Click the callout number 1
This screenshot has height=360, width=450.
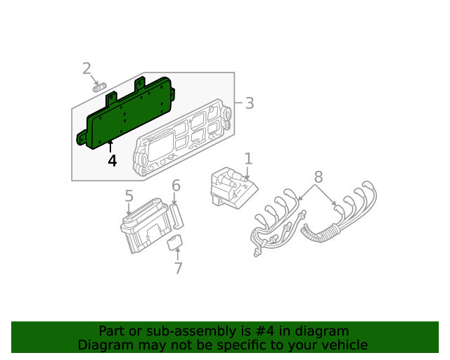click(x=248, y=158)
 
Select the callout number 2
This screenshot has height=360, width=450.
click(x=86, y=68)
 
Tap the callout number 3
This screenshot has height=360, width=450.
click(x=249, y=103)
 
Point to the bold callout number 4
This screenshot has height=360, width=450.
click(x=112, y=161)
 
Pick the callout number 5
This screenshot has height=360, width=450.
click(x=129, y=196)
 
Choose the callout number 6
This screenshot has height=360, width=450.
click(x=176, y=186)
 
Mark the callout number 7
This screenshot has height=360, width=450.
click(x=178, y=268)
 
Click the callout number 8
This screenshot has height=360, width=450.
click(x=318, y=176)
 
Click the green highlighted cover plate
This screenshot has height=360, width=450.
click(x=127, y=112)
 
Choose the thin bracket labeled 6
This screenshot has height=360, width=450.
click(x=179, y=215)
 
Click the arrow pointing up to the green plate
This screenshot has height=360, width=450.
click(x=110, y=147)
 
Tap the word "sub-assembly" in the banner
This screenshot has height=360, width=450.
click(x=172, y=330)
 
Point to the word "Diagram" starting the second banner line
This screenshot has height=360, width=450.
click(x=104, y=345)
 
